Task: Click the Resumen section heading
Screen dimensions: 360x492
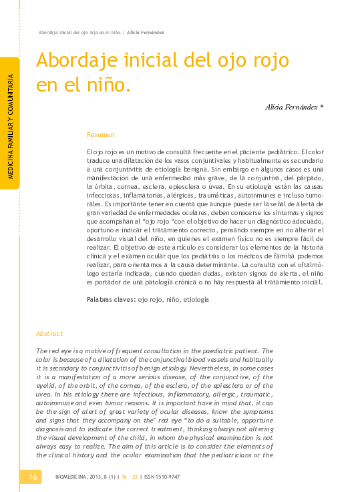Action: pos(101,135)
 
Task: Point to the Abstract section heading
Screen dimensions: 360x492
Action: pos(49,334)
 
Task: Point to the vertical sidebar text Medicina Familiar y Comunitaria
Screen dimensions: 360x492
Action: pos(11,128)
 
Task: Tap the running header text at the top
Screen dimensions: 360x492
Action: pos(101,32)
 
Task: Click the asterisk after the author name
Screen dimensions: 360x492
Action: pos(323,106)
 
